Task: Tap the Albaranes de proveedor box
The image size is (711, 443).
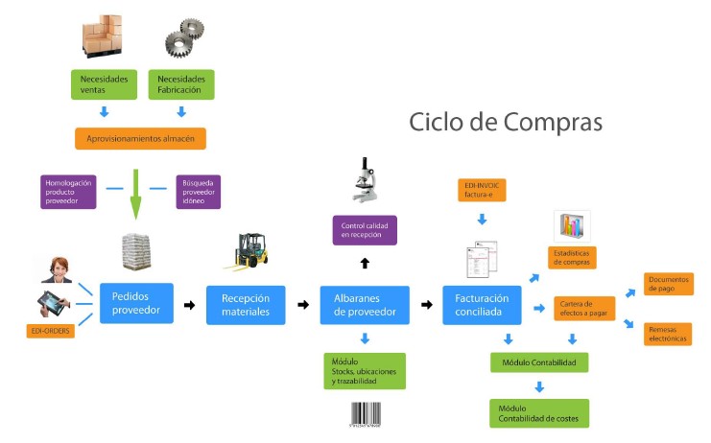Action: tap(365, 305)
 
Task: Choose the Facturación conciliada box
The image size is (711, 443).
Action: tap(483, 305)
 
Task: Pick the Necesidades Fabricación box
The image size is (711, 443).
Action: tap(181, 84)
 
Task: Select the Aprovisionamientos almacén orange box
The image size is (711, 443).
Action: tap(141, 139)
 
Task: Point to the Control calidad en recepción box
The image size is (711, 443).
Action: tap(364, 230)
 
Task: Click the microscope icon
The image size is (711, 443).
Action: tap(363, 180)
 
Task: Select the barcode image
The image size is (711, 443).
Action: tap(366, 415)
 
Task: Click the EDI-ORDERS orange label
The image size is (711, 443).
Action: tap(49, 331)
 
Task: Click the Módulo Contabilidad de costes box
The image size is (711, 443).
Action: tap(538, 413)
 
